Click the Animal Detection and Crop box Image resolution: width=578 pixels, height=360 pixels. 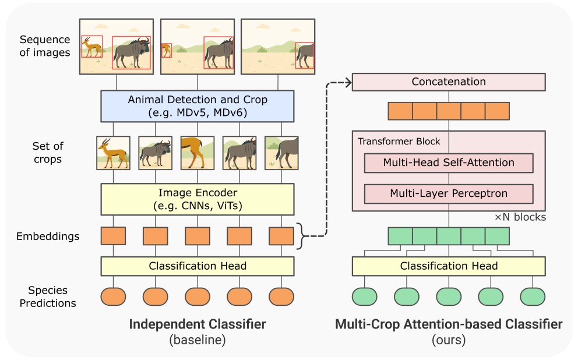[x=197, y=106]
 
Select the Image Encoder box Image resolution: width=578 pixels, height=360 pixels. [x=197, y=199]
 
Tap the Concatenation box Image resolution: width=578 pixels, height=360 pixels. [x=449, y=82]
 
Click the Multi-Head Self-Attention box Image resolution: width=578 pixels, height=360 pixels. [x=449, y=163]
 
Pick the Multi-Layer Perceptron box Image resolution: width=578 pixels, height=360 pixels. [x=449, y=194]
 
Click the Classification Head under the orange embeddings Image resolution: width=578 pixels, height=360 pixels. [x=197, y=266]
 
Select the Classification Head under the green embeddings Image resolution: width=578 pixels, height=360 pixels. [x=449, y=266]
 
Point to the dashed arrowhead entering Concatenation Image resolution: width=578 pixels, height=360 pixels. [x=348, y=83]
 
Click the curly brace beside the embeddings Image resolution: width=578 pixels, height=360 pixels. [x=302, y=236]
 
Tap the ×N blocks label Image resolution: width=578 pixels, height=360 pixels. [x=520, y=217]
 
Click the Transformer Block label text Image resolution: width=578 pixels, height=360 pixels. [x=399, y=142]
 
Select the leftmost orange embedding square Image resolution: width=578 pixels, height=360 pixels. [x=113, y=236]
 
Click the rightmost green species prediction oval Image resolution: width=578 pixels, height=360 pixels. [x=533, y=297]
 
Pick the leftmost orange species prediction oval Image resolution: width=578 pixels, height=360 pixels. [x=113, y=297]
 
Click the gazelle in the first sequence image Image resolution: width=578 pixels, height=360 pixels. [x=92, y=47]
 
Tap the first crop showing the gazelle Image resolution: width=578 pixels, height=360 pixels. [x=113, y=153]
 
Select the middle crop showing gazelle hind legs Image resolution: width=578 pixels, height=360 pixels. [x=197, y=153]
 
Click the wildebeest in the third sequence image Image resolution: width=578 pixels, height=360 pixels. [x=305, y=55]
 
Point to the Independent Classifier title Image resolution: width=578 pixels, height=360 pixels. [x=198, y=324]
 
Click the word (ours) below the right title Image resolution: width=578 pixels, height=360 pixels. [x=449, y=340]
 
